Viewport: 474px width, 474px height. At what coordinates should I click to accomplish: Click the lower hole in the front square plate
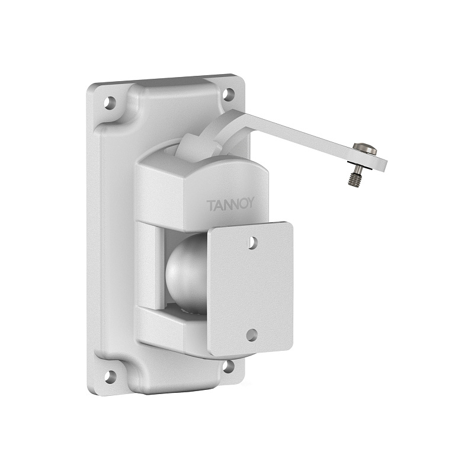pyautogui.click(x=252, y=334)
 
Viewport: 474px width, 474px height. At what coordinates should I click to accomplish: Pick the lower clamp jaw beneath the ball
pyautogui.click(x=172, y=326)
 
